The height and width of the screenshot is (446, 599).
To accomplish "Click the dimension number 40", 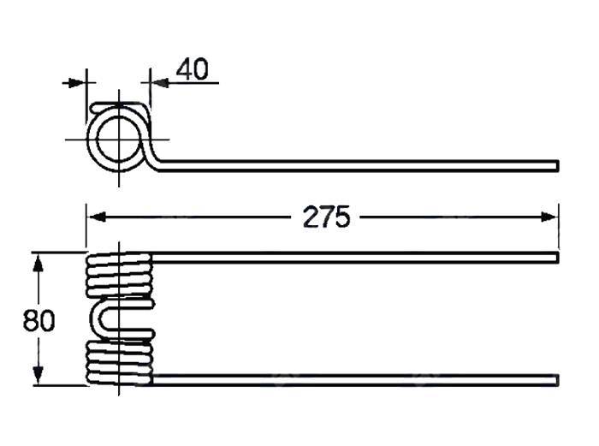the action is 193,69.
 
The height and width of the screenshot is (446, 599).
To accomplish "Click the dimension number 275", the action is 326,217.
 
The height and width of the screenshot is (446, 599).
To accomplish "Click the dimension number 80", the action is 39,320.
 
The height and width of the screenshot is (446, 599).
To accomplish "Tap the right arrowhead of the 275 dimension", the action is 549,217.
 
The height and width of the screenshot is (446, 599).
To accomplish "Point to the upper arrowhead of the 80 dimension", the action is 38,264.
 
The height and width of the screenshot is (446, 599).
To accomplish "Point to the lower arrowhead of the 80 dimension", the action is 38,375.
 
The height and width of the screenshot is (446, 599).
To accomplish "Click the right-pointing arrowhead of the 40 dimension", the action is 77,82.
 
